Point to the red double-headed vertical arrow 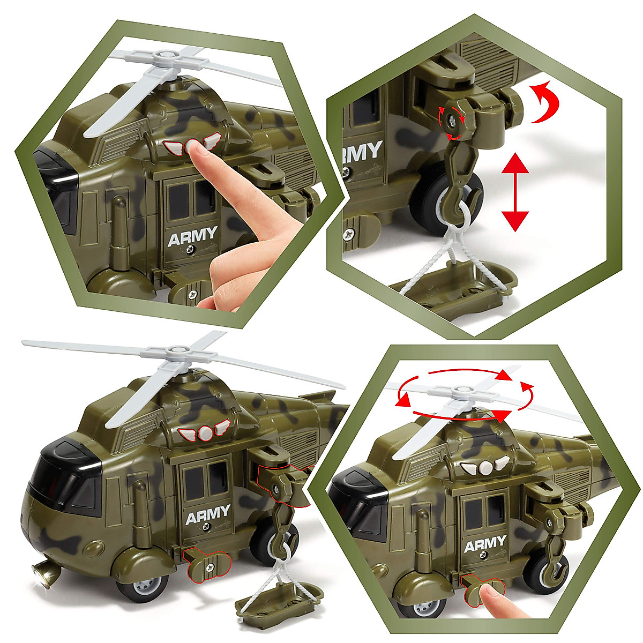point(514,191)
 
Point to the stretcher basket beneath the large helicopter point(279,596)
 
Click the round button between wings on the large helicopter point(204,432)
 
